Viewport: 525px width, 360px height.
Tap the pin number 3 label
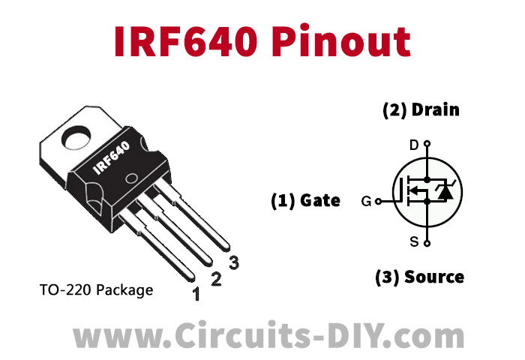[234, 262]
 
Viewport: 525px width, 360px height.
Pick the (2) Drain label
[421, 110]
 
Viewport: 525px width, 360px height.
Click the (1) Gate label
[305, 200]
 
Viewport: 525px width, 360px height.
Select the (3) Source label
[419, 277]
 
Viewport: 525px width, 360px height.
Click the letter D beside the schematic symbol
[413, 144]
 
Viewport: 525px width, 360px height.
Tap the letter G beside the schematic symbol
[366, 201]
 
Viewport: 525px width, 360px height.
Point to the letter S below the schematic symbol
[413, 241]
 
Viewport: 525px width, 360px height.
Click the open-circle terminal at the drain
[427, 142]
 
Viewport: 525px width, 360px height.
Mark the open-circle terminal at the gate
[378, 201]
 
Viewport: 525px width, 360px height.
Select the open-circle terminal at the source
[427, 242]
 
